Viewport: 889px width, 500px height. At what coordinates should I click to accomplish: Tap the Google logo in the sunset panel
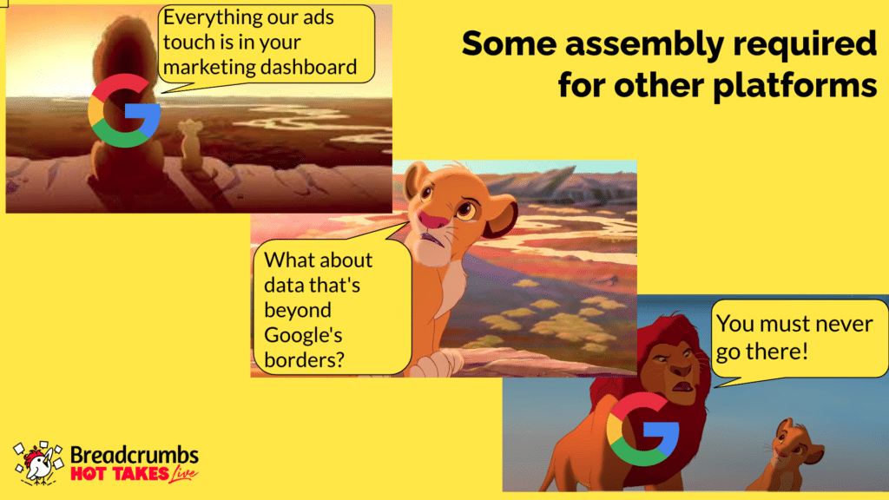tap(124, 110)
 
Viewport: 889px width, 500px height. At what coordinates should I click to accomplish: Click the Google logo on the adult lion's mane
tap(642, 429)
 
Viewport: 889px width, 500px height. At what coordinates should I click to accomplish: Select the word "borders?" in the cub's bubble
tap(304, 360)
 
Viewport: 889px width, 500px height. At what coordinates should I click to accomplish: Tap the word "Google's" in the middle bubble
tap(303, 335)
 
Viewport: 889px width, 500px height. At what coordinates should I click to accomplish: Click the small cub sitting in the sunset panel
tap(190, 145)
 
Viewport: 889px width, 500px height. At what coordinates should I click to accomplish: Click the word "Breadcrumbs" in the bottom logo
tap(135, 455)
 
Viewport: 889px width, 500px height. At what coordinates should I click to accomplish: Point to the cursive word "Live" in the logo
tap(182, 474)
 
